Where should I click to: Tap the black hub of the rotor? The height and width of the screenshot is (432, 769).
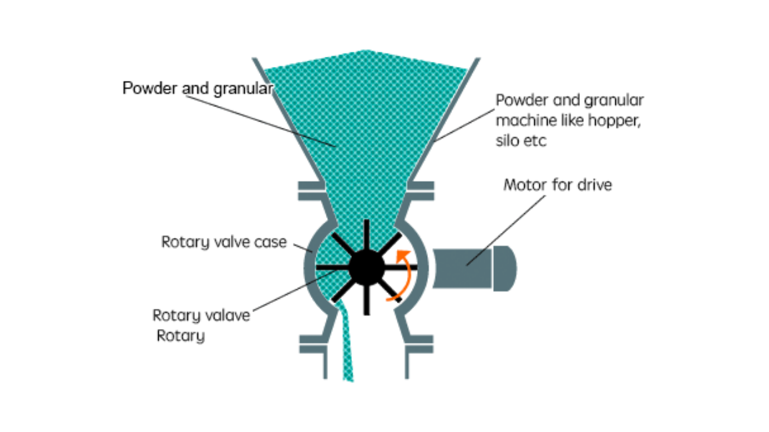[366, 267]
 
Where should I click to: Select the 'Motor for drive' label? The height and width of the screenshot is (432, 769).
[557, 184]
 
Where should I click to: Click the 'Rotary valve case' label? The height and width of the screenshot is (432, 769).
[224, 242]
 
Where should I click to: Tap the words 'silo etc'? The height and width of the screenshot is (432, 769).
[521, 141]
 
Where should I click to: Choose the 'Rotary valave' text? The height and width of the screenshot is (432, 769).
[201, 315]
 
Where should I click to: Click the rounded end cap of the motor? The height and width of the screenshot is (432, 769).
[505, 268]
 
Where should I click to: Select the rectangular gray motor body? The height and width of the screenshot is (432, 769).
[462, 268]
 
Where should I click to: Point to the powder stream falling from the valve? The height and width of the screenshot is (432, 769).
[346, 349]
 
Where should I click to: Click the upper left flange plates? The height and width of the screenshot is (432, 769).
[311, 191]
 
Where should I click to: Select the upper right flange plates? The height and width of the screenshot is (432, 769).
[421, 191]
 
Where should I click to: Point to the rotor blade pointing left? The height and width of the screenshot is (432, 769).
[332, 267]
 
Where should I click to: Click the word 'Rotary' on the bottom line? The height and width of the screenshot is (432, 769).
[180, 336]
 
